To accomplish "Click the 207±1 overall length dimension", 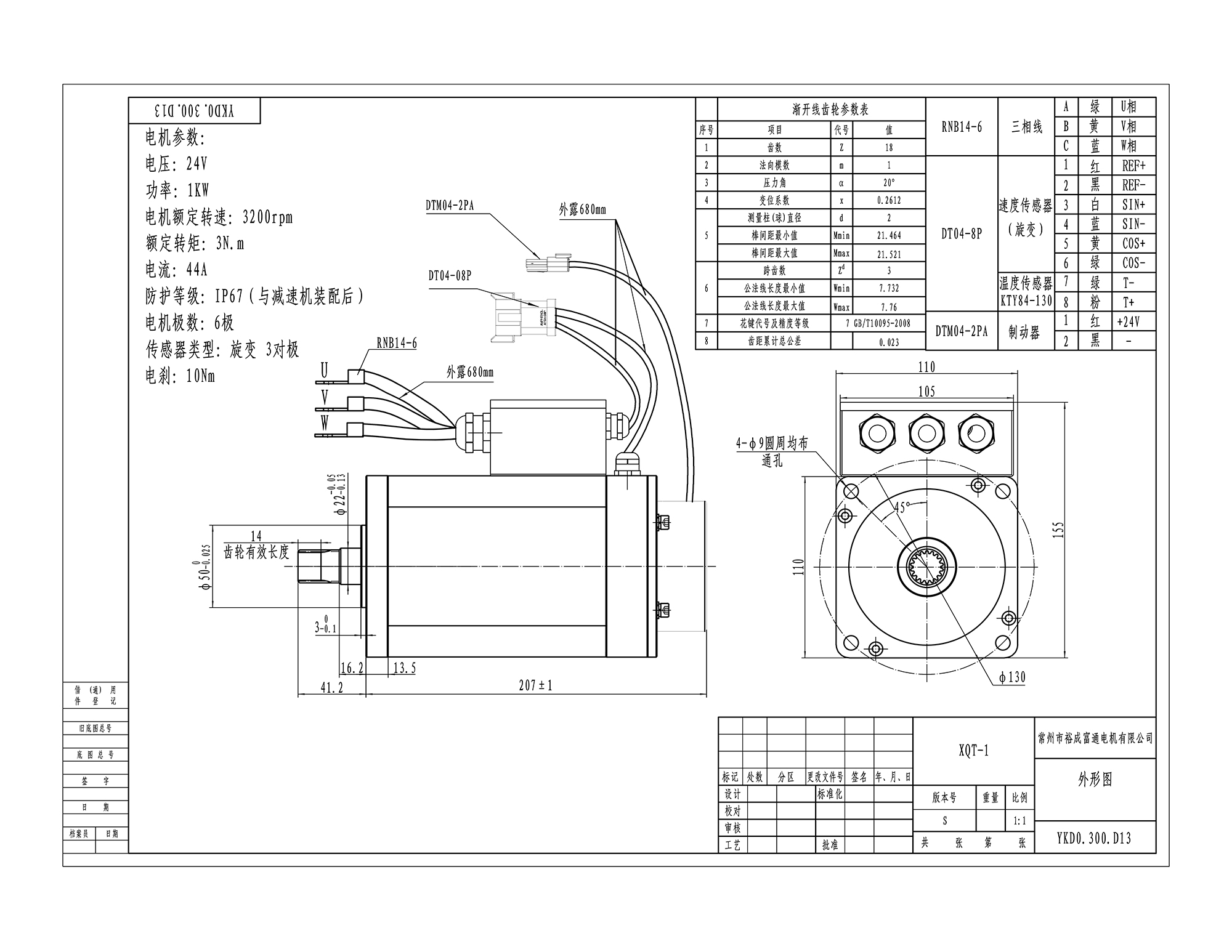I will (x=535, y=685).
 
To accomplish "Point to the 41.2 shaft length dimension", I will (x=331, y=688).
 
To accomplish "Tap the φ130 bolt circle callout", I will (x=1012, y=677).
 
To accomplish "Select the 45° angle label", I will (x=901, y=508).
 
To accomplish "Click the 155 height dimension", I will (x=1058, y=530).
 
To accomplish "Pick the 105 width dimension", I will (x=926, y=392).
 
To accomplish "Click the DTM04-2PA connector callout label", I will (x=450, y=206).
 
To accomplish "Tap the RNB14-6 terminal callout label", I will (x=397, y=344).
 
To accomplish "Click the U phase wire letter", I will (x=324, y=369).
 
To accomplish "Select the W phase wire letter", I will (x=324, y=422).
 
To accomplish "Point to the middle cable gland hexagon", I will (x=926, y=433).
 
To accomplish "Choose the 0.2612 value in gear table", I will (x=889, y=201).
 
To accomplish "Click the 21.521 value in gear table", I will (x=889, y=254).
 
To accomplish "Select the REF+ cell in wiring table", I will (x=1133, y=166).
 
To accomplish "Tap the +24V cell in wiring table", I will (x=1128, y=321).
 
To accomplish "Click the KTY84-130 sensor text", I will (x=1026, y=301).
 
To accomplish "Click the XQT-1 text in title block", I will (x=973, y=751).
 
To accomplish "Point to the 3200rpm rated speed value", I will (x=267, y=217).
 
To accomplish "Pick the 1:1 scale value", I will (x=1019, y=821).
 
